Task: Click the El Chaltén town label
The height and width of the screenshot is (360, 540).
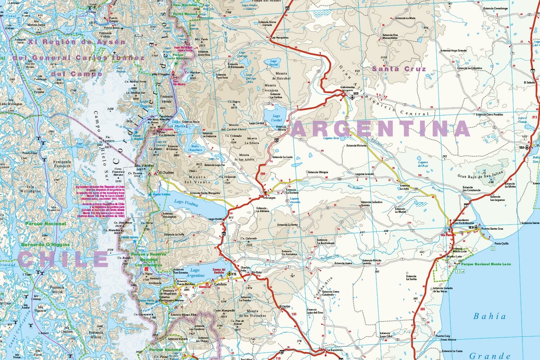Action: pyautogui.click(x=166, y=173)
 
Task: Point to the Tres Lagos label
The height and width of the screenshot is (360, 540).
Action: pyautogui.click(x=269, y=198)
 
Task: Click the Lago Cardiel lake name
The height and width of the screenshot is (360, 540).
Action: pyautogui.click(x=276, y=118)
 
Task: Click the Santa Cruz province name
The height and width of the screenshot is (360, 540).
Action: pyautogui.click(x=399, y=69)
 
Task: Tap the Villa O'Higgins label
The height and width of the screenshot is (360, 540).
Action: pyautogui.click(x=161, y=74)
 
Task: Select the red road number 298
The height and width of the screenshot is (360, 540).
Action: pyautogui.click(x=262, y=174)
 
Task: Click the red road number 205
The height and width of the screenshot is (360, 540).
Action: pyautogui.click(x=422, y=309)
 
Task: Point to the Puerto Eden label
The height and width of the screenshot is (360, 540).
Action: pyautogui.click(x=30, y=153)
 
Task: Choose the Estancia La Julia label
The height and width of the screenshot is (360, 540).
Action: pyautogui.click(x=404, y=187)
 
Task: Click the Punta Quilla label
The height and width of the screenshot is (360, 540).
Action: pyautogui.click(x=501, y=244)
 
